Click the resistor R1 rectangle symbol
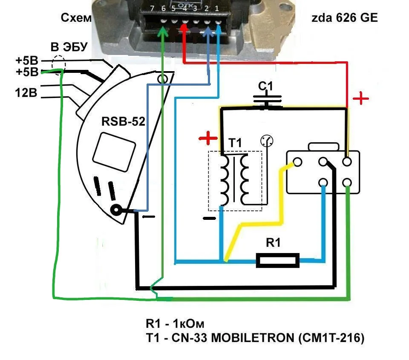[277, 260]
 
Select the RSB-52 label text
[123, 122]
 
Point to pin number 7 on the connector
[153, 9]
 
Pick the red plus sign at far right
[361, 99]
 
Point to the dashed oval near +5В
[58, 65]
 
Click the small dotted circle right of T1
[267, 141]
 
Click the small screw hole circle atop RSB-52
[162, 79]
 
